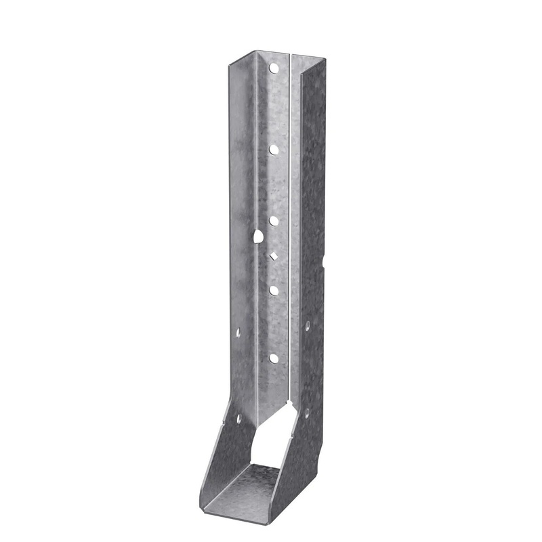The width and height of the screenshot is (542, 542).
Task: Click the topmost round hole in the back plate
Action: [x=275, y=68]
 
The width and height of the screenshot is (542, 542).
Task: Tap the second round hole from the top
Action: [x=274, y=148]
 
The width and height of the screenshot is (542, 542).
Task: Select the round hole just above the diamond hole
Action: [x=274, y=221]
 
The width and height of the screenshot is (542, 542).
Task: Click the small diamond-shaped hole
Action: [x=274, y=255]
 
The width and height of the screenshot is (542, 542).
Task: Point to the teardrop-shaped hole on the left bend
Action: [x=258, y=236]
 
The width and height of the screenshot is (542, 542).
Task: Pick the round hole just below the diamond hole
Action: [x=274, y=290]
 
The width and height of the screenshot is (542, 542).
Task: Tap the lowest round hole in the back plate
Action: [x=274, y=358]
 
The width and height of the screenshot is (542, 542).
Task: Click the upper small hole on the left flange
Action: [x=238, y=332]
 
